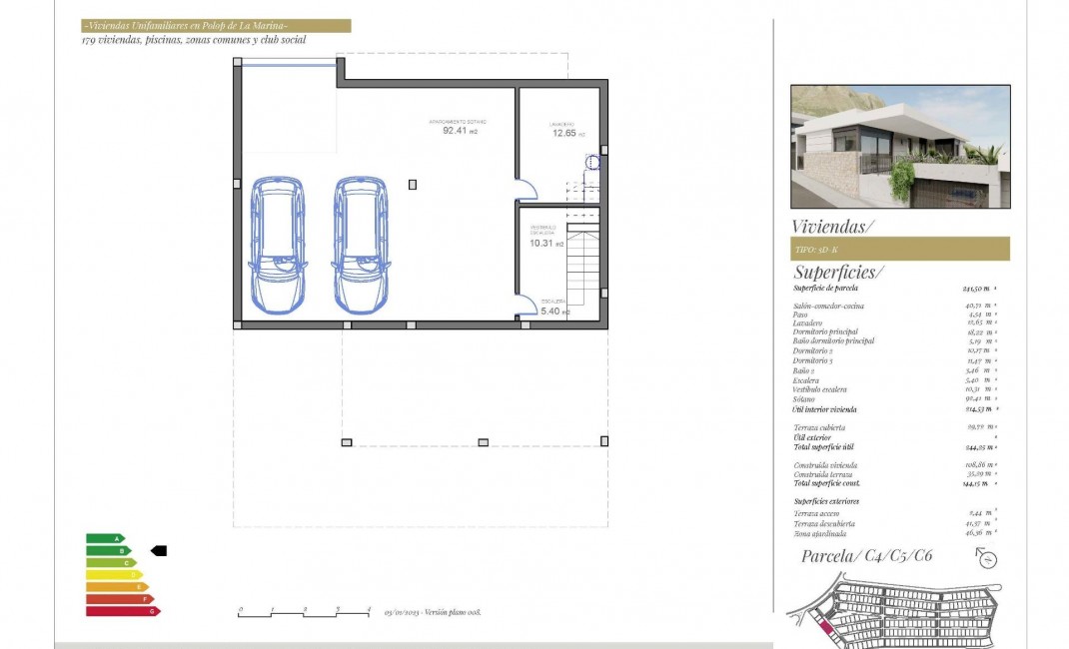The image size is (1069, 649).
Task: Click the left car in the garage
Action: pos(277,245)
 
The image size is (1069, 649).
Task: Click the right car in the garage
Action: pos(361,245)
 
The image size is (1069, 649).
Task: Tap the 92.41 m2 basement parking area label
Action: pos(460,129)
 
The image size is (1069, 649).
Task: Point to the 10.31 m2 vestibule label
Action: pos(546,243)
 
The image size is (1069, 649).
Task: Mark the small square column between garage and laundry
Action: pos(413,184)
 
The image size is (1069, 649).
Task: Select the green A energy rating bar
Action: pos(104,538)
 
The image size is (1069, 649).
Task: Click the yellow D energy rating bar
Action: pos(113,574)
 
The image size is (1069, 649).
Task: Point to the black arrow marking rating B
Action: pos(158,550)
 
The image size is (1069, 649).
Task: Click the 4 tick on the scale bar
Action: pos(369,610)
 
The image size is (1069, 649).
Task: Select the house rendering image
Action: pos(899,146)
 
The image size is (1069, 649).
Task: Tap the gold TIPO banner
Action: pos(899,249)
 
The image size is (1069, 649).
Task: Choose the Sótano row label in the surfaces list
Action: pos(806,399)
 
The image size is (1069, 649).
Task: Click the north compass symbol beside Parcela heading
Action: pos(987,559)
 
